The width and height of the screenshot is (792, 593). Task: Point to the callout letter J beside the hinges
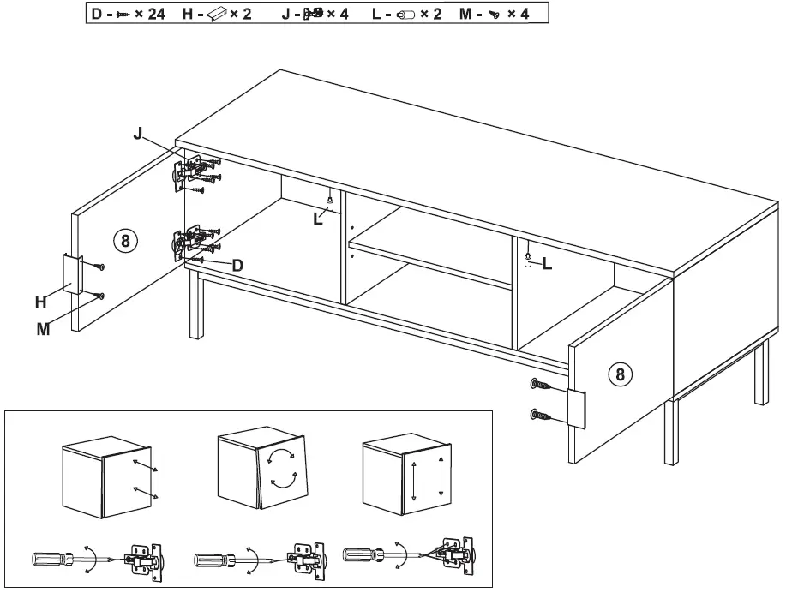click(x=137, y=134)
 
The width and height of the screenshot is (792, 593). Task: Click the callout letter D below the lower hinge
click(x=237, y=266)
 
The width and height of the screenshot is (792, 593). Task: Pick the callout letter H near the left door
click(x=40, y=301)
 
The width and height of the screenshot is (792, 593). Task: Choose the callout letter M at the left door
click(x=43, y=328)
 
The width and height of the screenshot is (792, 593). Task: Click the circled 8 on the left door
click(x=125, y=241)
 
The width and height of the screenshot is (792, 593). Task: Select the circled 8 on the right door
click(x=621, y=374)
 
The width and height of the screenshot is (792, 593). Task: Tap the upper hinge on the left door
click(x=191, y=169)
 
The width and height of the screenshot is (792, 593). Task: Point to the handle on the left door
click(x=72, y=274)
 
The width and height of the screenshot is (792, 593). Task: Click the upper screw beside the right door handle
click(x=543, y=385)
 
